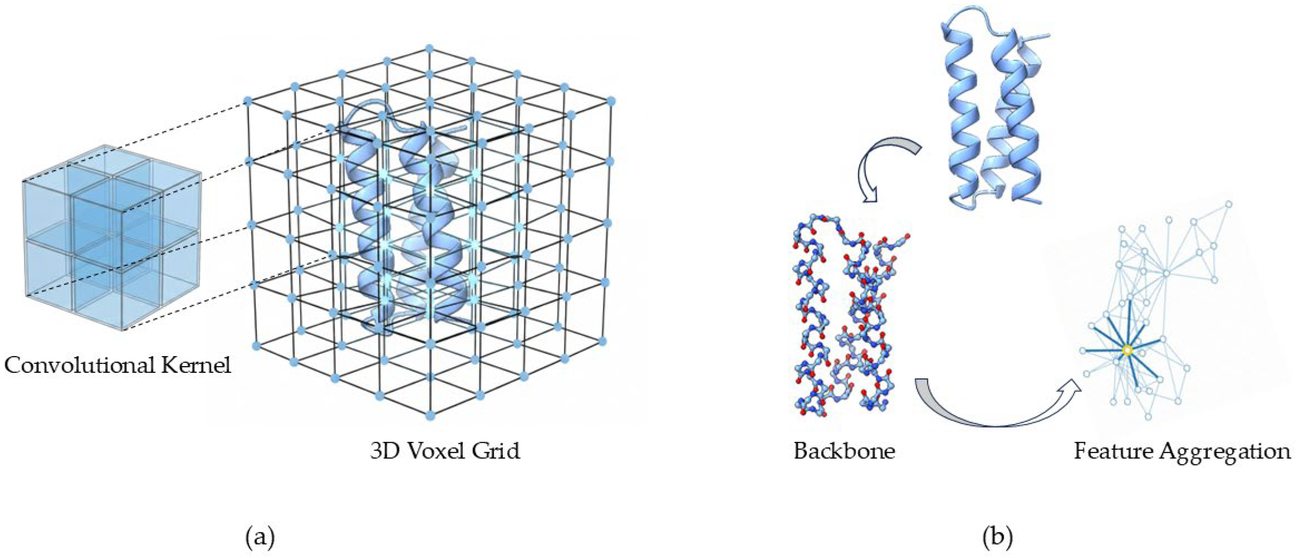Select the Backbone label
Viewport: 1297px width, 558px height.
844,451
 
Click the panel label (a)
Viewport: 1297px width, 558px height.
260,538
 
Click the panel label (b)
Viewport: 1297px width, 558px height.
997,538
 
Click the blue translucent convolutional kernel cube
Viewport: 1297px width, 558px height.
111,237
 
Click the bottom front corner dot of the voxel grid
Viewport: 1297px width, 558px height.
430,416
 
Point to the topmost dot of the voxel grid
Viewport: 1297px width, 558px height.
430,48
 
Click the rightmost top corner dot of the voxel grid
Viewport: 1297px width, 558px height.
611,101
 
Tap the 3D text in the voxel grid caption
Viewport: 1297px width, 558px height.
384,451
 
